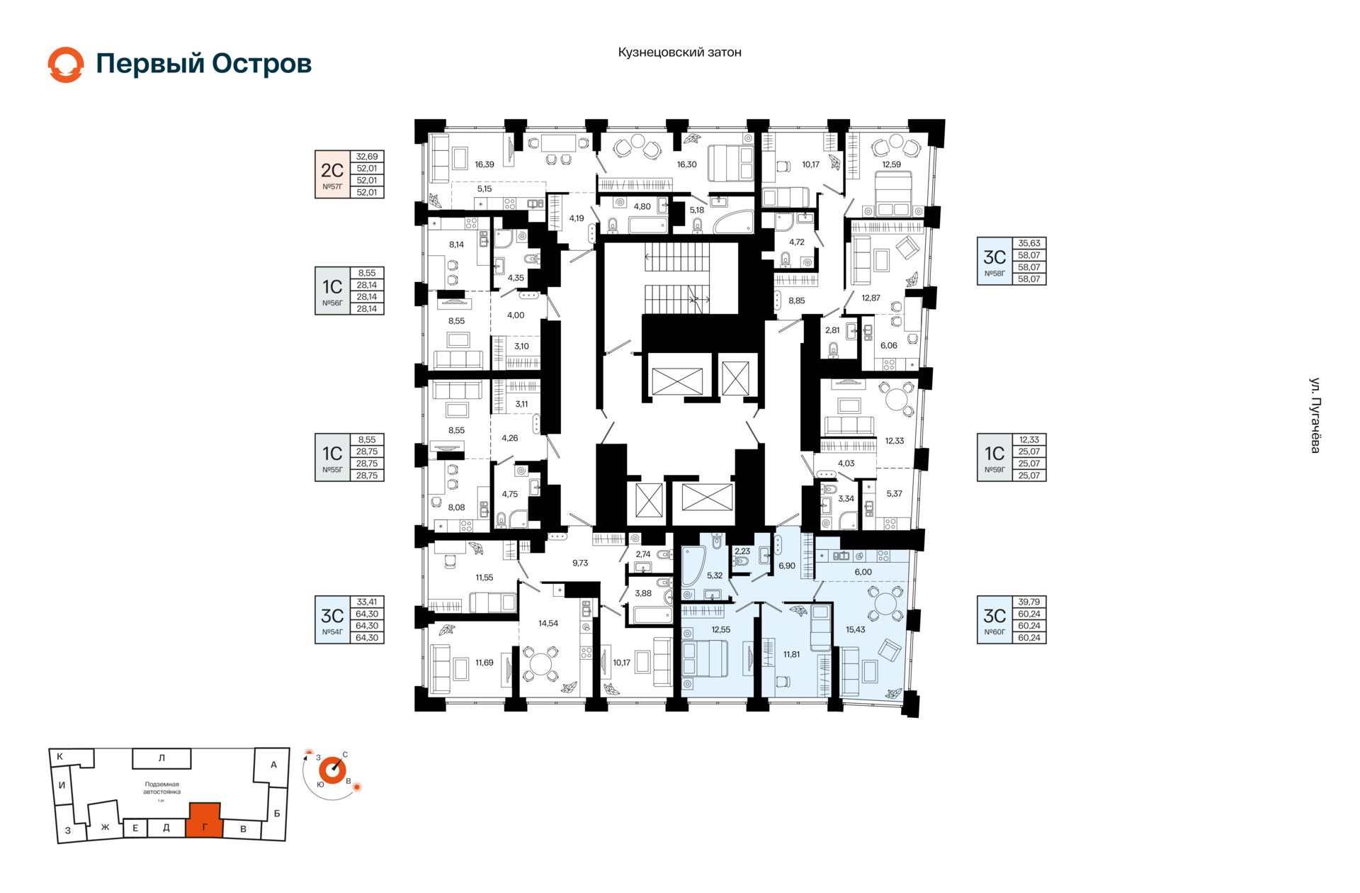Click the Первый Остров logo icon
[66, 64]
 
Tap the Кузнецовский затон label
[679, 52]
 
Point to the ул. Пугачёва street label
[1315, 415]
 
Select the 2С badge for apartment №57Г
[333, 174]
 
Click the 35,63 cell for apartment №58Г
[1029, 243]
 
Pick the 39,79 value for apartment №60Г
[1029, 602]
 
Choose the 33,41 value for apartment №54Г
[367, 602]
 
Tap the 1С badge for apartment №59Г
[995, 458]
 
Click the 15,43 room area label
[855, 629]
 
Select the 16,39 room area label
[484, 164]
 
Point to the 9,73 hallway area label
[580, 563]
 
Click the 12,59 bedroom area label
[891, 164]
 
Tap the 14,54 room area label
[548, 624]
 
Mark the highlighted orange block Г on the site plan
[205, 821]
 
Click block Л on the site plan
[161, 758]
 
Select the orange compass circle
[332, 770]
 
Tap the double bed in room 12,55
[705, 658]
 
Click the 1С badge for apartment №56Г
[333, 291]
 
